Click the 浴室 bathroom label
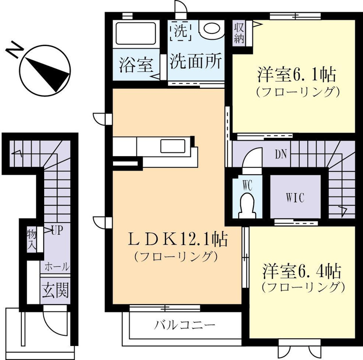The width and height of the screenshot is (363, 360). pos(136,65)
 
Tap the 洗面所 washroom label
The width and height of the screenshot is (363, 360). pos(196,61)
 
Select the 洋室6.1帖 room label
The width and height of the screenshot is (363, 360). pos(297,75)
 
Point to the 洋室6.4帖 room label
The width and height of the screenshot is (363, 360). pos(302,272)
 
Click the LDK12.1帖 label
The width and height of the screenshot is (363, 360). pos(178,240)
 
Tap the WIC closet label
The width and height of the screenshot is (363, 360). pos(295,198)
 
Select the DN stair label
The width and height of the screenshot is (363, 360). pos(281,154)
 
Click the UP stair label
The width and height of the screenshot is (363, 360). pos(57,230)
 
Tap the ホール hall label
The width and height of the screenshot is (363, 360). pos(57,267)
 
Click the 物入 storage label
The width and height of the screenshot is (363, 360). pos(32,241)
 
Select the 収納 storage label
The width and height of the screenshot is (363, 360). pos(239,34)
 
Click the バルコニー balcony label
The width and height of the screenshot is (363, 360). pos(185,326)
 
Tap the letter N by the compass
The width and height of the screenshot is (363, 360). pos(15,50)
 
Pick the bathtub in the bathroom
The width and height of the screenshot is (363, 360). pos(135,33)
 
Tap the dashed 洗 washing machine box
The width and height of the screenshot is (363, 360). pos(181,31)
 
